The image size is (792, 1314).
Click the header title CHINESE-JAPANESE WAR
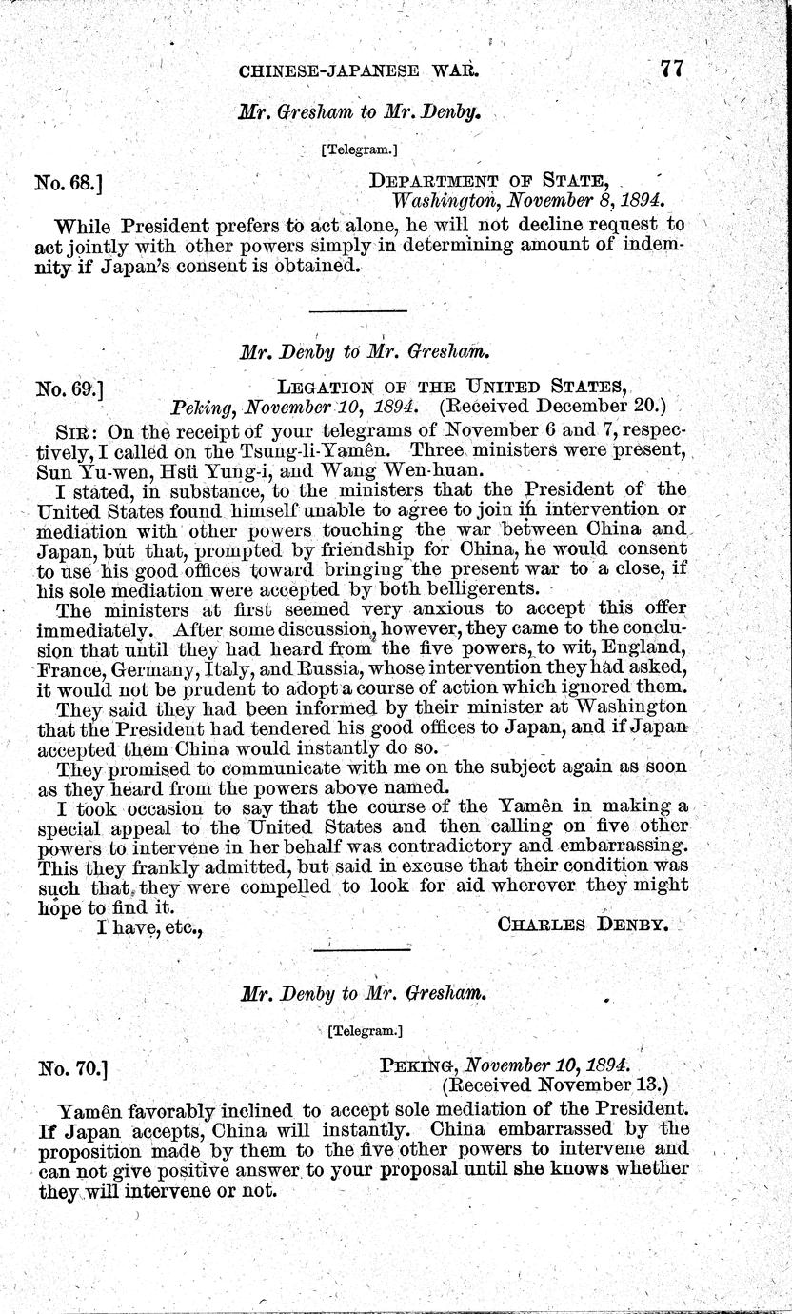[357, 70]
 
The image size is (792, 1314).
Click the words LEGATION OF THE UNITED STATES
[451, 385]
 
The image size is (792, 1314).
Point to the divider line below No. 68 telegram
[358, 310]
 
